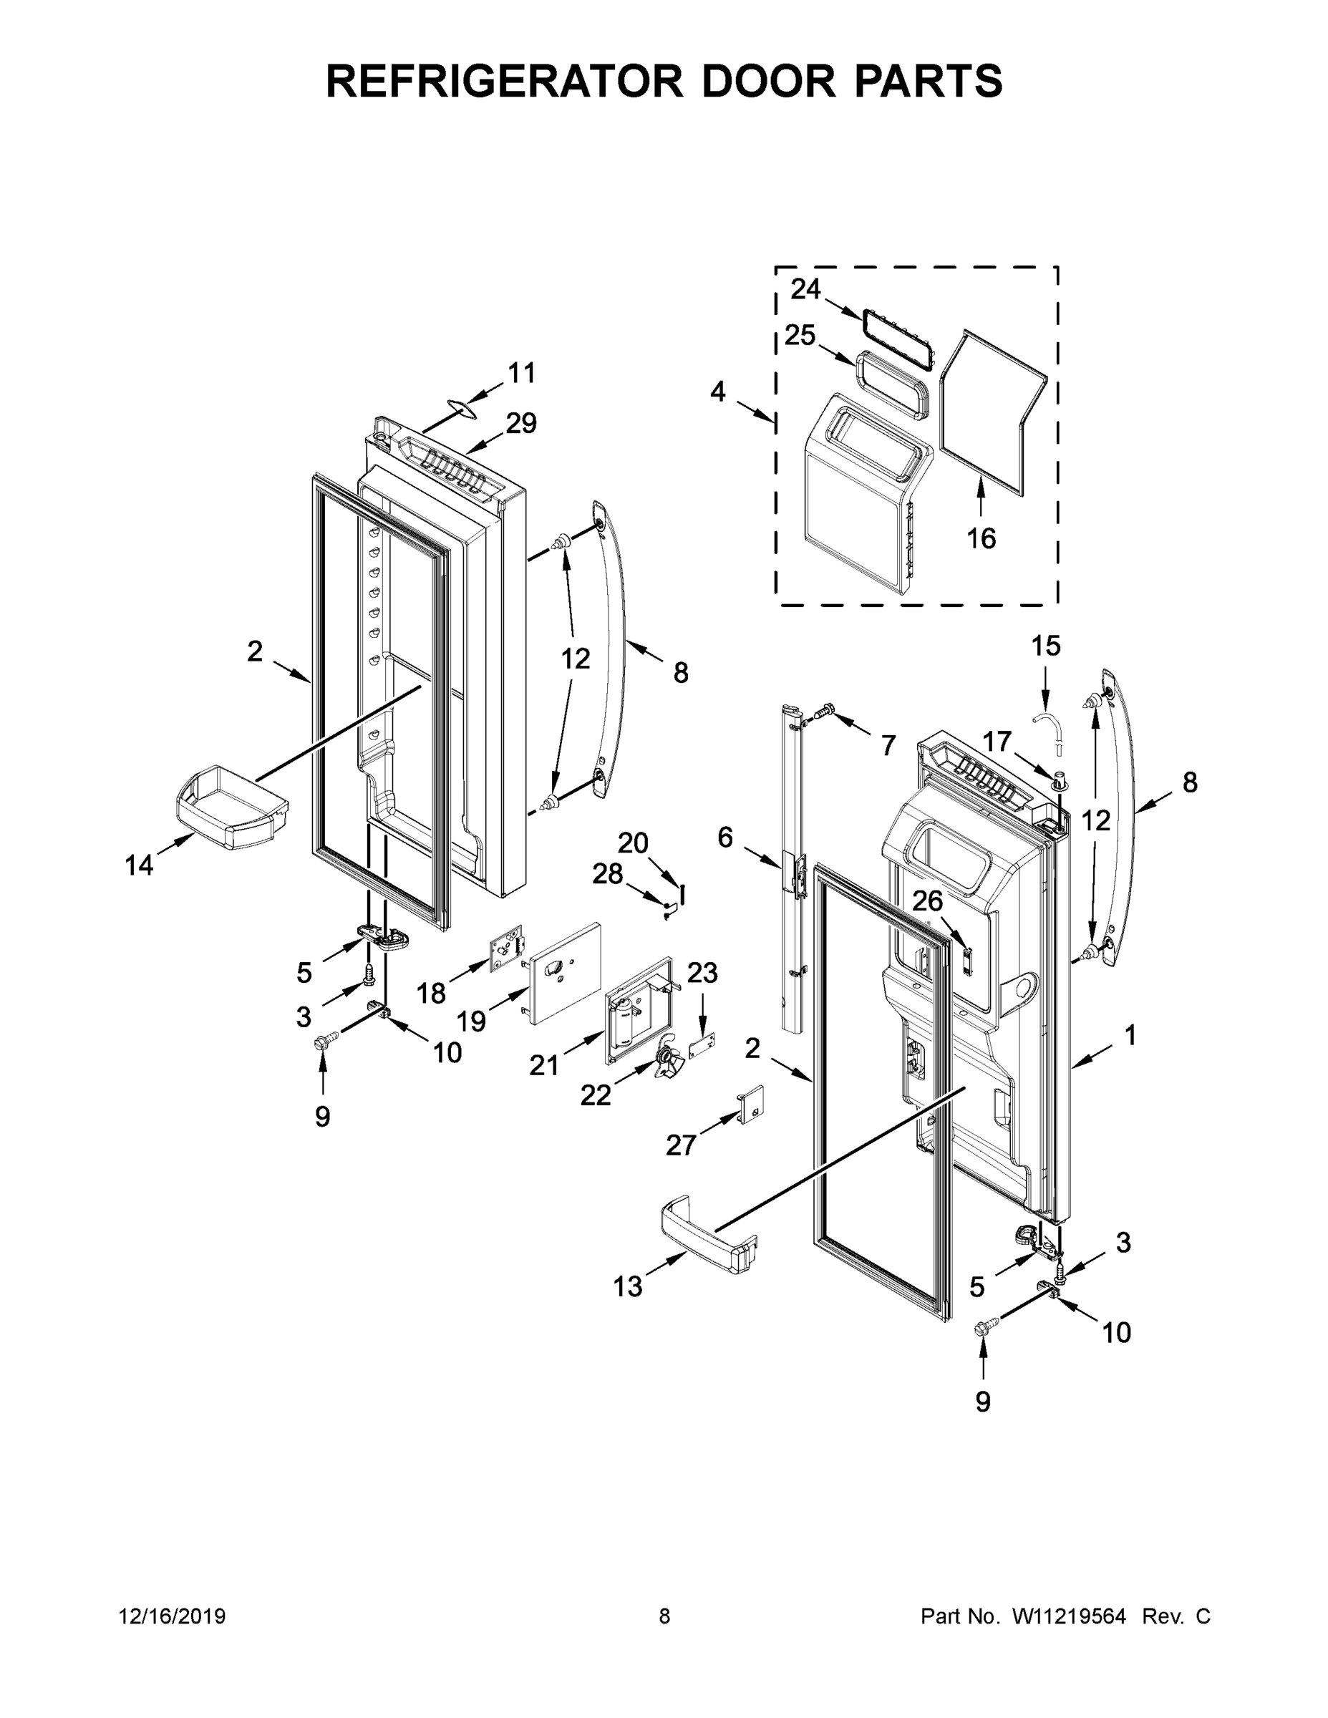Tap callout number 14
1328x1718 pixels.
pos(140,866)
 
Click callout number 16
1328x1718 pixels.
pos(981,539)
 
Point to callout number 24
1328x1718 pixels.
pos(805,289)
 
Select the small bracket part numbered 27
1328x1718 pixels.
pos(750,1105)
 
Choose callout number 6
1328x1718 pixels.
pos(725,838)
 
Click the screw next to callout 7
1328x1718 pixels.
pos(823,710)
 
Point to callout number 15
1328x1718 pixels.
pos(1045,646)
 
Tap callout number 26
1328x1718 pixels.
pos(928,901)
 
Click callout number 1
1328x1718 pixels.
pos(1130,1036)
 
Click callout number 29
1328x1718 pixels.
pos(520,423)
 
